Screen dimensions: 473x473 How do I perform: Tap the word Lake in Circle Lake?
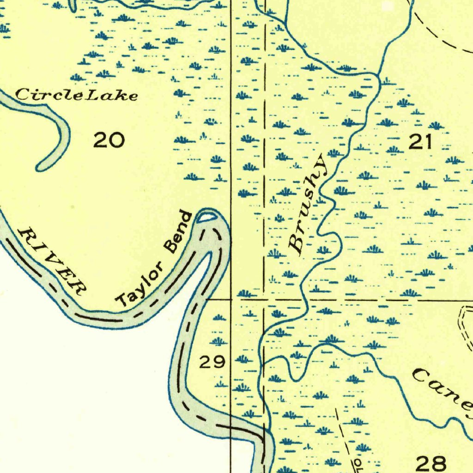[113, 96]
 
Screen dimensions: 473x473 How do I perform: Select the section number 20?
[109, 140]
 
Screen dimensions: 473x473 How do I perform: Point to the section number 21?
[420, 142]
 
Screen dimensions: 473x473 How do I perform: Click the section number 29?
[212, 362]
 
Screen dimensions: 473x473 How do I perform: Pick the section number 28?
[431, 462]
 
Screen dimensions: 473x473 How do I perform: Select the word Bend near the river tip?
[179, 232]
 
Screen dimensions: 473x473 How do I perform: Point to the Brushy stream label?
[308, 205]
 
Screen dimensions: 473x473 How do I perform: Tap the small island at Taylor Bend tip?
[206, 216]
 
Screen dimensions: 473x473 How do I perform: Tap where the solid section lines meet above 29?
[231, 299]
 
